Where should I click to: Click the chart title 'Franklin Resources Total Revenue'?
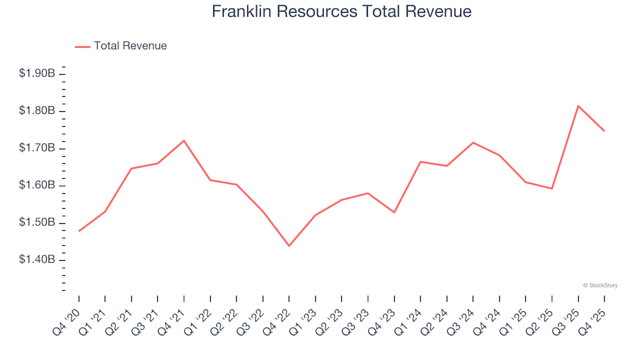(x=341, y=12)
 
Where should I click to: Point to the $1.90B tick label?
(x=37, y=73)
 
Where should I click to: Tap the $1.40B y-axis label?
(x=37, y=259)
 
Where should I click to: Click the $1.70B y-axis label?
(x=37, y=147)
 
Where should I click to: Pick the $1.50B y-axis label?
(x=37, y=222)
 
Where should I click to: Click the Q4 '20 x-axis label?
(x=69, y=318)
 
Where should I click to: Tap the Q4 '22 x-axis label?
(x=279, y=318)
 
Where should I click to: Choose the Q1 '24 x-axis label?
(x=410, y=318)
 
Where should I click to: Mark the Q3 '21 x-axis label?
(x=147, y=318)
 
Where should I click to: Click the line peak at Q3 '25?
(x=578, y=106)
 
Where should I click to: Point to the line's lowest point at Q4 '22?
(x=289, y=246)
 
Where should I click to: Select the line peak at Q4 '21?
(x=183, y=141)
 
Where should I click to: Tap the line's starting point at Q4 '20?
(x=79, y=231)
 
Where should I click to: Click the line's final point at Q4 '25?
(x=604, y=131)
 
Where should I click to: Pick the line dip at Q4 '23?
(x=394, y=213)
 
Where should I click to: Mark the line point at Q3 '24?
(x=473, y=143)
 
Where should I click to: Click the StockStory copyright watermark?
(x=600, y=285)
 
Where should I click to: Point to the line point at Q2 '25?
(x=551, y=189)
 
